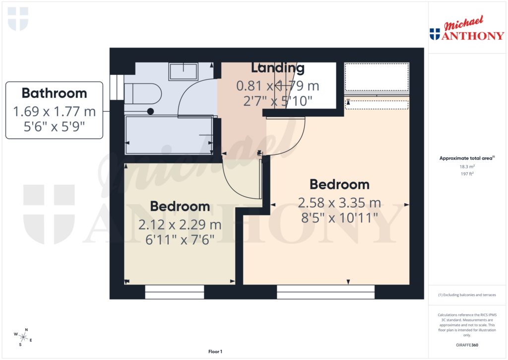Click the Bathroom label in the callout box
tap(54, 93)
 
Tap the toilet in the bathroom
tap(143, 93)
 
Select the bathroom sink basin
tap(183, 72)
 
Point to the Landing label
tap(277, 68)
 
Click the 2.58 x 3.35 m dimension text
tap(339, 203)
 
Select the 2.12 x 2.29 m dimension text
tap(180, 225)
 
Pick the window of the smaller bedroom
tap(175, 292)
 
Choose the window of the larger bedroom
tap(325, 292)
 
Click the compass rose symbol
tap(23, 337)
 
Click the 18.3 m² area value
tap(467, 167)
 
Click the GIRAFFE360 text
tap(467, 345)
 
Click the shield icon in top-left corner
tap(18, 19)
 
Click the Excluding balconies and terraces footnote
tap(467, 295)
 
